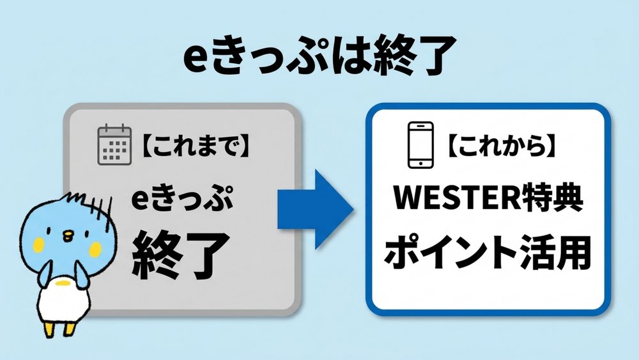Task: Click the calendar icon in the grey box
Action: point(114,145)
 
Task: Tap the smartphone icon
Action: point(420,145)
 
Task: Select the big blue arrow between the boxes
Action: point(316,210)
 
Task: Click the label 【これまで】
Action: point(195,146)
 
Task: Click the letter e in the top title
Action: point(196,59)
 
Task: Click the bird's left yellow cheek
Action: point(38,245)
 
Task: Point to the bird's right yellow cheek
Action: point(95,249)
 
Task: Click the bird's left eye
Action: point(49,232)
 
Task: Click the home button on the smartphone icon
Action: point(420,164)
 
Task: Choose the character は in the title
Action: point(348,55)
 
